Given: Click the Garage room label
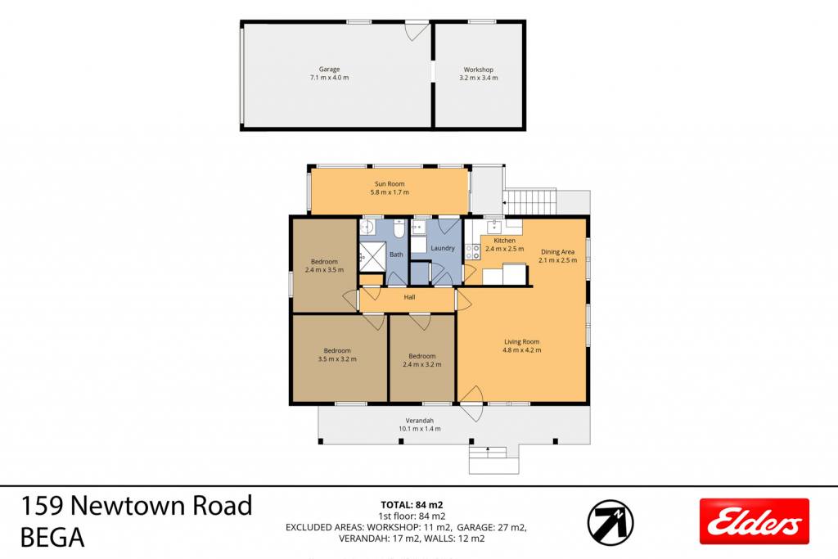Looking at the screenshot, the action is (329, 69).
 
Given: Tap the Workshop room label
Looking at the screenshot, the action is (478, 70).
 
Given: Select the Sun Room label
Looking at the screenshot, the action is (390, 184).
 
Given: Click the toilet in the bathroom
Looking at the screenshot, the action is (399, 228).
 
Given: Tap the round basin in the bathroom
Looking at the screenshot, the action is (366, 228).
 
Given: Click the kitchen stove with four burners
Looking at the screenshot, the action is (472, 252).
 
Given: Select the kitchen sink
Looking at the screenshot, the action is (495, 226).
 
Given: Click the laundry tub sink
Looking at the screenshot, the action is (418, 228).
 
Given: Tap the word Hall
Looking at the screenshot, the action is (409, 297).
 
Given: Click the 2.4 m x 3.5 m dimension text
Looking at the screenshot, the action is (324, 270).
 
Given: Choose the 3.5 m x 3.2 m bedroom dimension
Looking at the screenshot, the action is (337, 359).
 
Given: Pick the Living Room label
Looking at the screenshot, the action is (521, 342).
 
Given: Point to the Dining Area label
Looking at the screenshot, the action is (557, 252).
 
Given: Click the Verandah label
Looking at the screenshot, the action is (420, 421).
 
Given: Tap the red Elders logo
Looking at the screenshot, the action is (754, 521).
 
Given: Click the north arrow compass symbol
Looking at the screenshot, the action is (610, 522).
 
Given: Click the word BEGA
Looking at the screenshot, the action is (52, 538).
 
